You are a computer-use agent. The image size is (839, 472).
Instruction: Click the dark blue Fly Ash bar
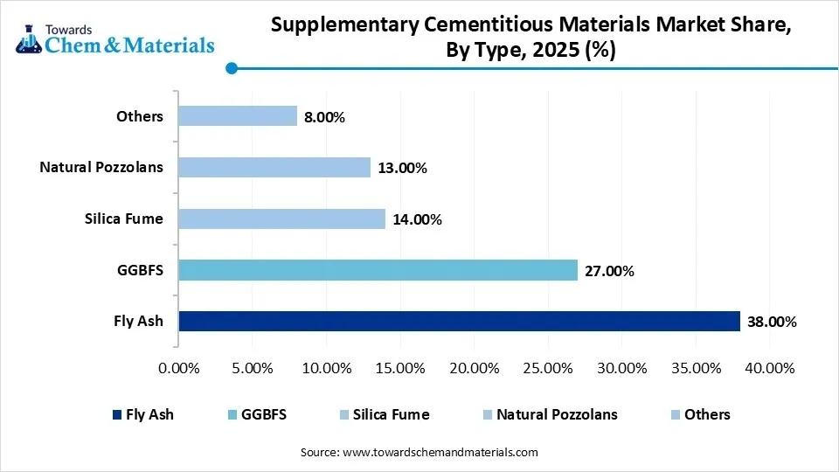[459, 321]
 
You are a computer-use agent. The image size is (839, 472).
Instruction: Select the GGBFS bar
[378, 270]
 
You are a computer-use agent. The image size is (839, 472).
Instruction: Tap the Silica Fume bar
[281, 219]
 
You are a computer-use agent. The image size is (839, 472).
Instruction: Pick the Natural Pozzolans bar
[274, 167]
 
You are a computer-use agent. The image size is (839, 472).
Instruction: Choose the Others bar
[237, 116]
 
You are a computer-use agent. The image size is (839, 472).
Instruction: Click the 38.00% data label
[772, 322]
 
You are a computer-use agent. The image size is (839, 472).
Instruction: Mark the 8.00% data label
[324, 117]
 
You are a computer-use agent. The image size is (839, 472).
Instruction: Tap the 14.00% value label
[417, 219]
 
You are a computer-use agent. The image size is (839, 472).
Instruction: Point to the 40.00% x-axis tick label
[770, 368]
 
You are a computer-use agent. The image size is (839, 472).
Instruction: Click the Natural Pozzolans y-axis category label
[101, 167]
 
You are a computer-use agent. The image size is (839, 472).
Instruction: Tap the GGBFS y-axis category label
[142, 270]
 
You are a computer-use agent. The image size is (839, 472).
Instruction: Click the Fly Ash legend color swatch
[115, 415]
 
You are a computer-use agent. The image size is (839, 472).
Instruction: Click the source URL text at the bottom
[419, 452]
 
